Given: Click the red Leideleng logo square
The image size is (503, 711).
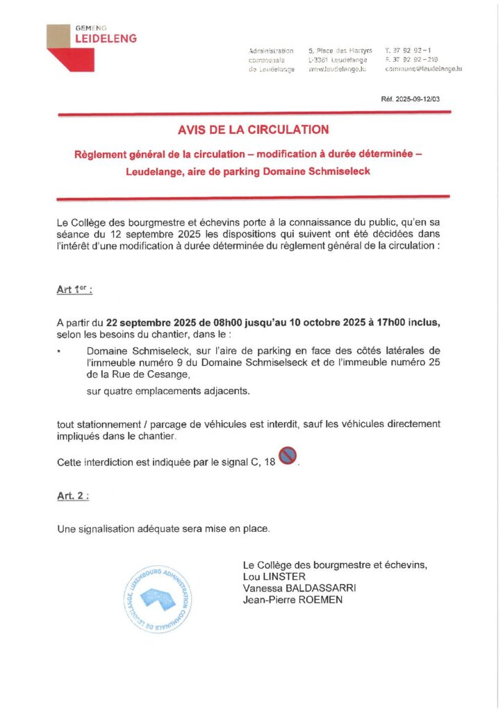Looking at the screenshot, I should click(x=65, y=47).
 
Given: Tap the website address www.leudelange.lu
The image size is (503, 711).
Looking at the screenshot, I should click(x=337, y=69).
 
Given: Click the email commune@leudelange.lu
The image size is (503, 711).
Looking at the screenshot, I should click(x=423, y=69).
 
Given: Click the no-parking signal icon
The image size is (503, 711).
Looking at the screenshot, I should click(x=288, y=457).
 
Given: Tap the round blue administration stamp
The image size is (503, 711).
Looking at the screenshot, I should click(x=157, y=600).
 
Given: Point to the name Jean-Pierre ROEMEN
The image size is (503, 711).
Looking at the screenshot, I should click(x=292, y=600).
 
